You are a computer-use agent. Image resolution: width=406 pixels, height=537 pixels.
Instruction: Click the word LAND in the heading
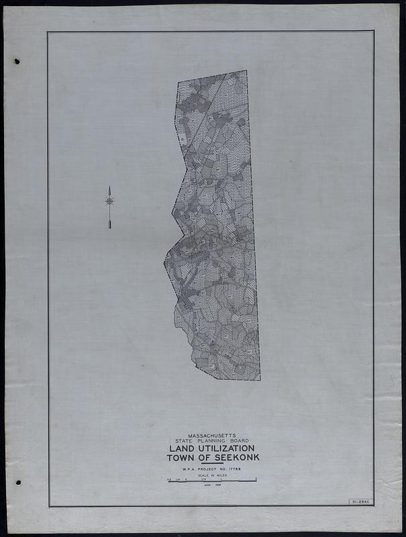coord(181,448)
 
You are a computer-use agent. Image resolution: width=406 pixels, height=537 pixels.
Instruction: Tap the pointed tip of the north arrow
coord(109,187)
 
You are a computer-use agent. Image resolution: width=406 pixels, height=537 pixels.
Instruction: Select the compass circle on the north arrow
coord(109,201)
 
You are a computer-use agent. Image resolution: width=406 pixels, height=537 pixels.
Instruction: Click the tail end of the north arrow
coord(109,227)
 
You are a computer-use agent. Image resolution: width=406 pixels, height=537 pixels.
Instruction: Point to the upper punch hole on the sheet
coord(17,62)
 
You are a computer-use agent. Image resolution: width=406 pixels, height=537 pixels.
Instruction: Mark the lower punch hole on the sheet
coord(18,482)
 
